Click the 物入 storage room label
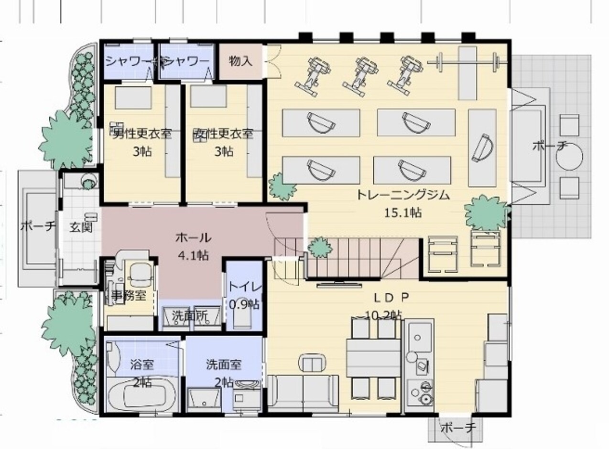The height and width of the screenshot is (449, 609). point(240,62)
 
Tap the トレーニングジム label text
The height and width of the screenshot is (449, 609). point(403,195)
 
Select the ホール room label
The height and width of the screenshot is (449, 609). point(193,237)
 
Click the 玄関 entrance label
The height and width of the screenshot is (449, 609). point(81,227)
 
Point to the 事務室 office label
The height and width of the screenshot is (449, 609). point(129,295)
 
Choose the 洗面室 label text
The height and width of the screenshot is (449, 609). point(224,365)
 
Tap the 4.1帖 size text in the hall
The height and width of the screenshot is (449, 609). point(193,256)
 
